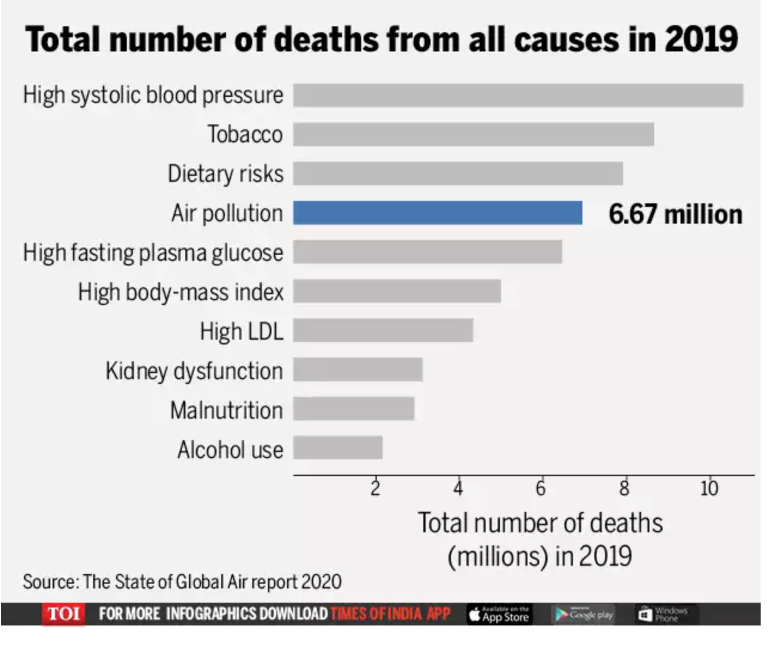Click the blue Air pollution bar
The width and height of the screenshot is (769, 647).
[437, 213]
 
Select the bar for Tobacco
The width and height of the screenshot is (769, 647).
[473, 134]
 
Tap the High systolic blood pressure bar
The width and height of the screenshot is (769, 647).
[518, 95]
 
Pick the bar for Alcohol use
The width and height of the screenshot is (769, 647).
[337, 448]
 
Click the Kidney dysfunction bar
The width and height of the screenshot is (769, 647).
[358, 370]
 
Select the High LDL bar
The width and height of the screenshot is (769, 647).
[383, 330]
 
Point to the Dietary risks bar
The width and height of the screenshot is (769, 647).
[457, 173]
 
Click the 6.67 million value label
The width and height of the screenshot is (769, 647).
[675, 214]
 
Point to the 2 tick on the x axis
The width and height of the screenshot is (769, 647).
[375, 489]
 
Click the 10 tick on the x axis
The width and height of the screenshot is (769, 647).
[709, 489]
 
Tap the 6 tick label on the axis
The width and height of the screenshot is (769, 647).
[541, 489]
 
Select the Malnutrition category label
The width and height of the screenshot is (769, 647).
[226, 410]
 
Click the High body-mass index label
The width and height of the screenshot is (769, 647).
[181, 292]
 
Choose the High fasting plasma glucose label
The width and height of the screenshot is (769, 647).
[153, 253]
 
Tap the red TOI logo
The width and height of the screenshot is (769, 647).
[63, 614]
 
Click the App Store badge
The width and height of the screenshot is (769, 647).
[499, 614]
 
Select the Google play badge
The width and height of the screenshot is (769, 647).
[584, 614]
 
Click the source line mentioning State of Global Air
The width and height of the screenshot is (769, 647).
[182, 581]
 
